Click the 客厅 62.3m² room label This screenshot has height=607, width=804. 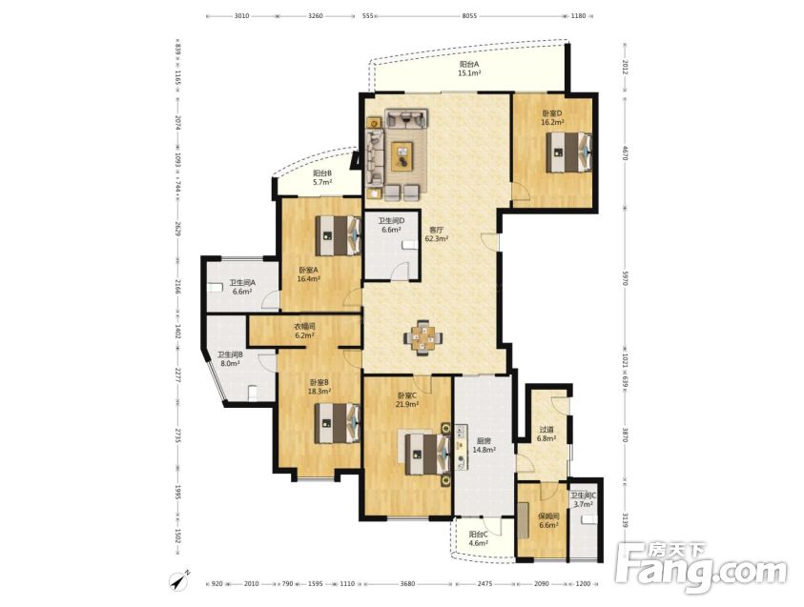(x=437, y=234)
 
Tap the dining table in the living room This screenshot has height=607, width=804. (x=423, y=337)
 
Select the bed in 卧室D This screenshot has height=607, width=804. (x=568, y=152)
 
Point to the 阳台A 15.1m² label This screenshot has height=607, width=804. (x=469, y=69)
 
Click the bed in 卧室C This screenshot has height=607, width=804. (x=427, y=454)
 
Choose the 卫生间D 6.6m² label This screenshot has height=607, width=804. (x=391, y=226)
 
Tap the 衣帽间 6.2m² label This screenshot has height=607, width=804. (x=304, y=331)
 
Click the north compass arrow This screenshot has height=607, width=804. (x=180, y=579)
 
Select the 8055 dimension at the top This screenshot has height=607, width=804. (x=469, y=16)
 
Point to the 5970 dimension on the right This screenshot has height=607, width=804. (x=625, y=281)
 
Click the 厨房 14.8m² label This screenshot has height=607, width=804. (x=484, y=446)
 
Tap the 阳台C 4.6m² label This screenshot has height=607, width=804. (x=478, y=539)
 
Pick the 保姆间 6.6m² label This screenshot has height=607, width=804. (x=548, y=520)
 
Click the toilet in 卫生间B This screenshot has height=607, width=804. (x=253, y=393)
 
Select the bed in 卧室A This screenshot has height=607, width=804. (x=338, y=235)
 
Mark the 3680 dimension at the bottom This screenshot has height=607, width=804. (x=407, y=583)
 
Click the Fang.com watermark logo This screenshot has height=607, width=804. (x=701, y=565)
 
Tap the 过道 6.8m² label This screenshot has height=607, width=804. (x=546, y=435)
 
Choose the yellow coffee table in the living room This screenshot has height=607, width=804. (x=402, y=156)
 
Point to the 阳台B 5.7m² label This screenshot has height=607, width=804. (x=322, y=177)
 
